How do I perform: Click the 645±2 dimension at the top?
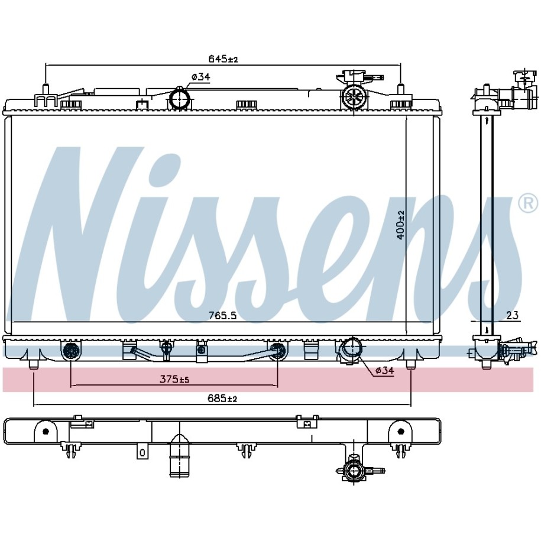(x=223, y=59)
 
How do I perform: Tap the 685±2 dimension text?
(x=222, y=399)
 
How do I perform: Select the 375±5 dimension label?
(x=174, y=380)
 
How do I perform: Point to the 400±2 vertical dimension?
(x=400, y=225)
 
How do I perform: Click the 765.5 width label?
(x=222, y=315)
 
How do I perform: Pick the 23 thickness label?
(x=513, y=315)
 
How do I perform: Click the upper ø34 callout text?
(x=201, y=77)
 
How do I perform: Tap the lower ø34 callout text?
(x=384, y=371)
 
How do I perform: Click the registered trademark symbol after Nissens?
(x=528, y=203)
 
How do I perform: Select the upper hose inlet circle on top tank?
(x=179, y=99)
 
